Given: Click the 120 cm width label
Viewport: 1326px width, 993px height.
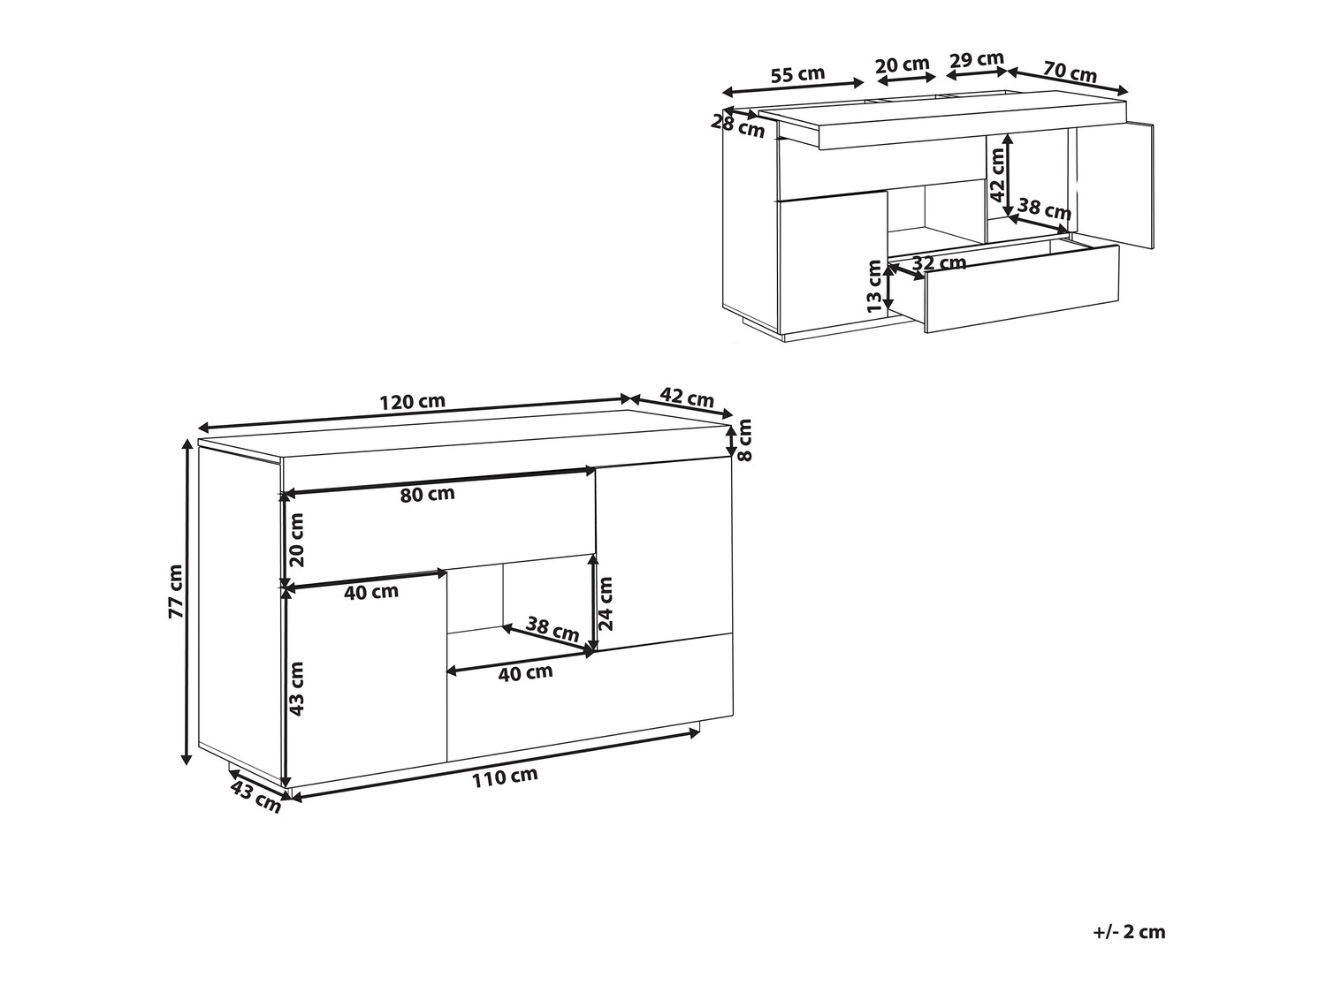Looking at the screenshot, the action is pos(413,401).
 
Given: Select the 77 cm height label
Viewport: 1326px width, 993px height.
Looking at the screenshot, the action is pos(175,592).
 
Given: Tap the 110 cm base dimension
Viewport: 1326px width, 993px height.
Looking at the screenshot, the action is pos(505,777).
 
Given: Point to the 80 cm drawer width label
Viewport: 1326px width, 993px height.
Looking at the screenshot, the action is pos(427,495).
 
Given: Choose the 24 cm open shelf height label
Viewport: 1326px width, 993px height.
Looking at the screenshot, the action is pos(606,603).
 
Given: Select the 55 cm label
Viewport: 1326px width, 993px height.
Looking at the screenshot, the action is pos(797,75).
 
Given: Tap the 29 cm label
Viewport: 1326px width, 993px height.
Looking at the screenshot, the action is pos(977,60).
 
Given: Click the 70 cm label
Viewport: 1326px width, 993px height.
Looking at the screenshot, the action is pos(1070,72).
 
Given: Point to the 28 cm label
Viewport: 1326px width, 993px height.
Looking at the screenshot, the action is pos(737,126).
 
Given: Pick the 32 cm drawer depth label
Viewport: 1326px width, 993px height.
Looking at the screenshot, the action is pos(939,262).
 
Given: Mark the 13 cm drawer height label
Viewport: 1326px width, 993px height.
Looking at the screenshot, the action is pos(874,285).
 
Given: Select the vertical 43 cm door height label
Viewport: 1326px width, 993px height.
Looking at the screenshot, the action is pos(296,689).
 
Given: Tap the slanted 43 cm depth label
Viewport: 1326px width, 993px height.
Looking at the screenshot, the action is pos(255,796).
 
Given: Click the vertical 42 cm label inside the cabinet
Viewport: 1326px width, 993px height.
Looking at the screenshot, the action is pos(998,175).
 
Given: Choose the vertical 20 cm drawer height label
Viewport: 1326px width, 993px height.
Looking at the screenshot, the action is pos(296,540).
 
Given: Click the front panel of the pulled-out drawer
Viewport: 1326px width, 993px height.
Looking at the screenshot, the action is pos(1021,289).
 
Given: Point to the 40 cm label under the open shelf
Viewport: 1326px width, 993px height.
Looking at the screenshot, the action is pos(526,672).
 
